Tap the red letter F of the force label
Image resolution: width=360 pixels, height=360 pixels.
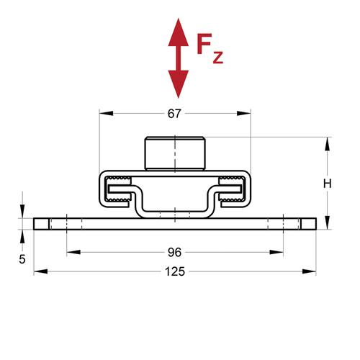[204, 44]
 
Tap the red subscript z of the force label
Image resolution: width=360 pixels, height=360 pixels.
[218, 58]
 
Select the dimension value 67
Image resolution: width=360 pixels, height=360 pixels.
[174, 114]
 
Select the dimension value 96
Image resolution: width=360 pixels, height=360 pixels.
[174, 252]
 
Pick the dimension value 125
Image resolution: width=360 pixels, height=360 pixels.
[175, 271]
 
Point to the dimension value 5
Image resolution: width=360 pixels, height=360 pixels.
[22, 259]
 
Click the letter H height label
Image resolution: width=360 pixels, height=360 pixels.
[328, 184]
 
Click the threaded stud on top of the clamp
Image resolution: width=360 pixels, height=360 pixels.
[175, 153]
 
